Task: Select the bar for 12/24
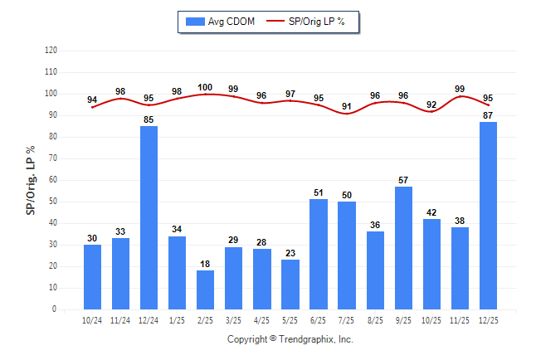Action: click(x=149, y=217)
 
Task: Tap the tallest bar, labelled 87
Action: click(x=488, y=216)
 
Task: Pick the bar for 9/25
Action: click(x=403, y=248)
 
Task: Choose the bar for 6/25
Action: click(x=319, y=254)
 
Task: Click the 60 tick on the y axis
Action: click(x=53, y=180)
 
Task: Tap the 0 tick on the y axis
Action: click(x=55, y=309)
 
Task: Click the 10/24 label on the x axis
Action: click(x=93, y=320)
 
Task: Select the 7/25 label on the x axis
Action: click(x=347, y=320)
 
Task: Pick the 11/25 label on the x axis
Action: click(x=460, y=320)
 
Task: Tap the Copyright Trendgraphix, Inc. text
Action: click(x=290, y=339)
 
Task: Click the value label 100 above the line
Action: click(x=206, y=87)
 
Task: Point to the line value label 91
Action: click(x=347, y=106)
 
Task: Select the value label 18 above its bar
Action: click(x=206, y=264)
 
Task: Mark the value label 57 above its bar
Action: click(x=403, y=180)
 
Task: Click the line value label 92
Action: click(x=431, y=105)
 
